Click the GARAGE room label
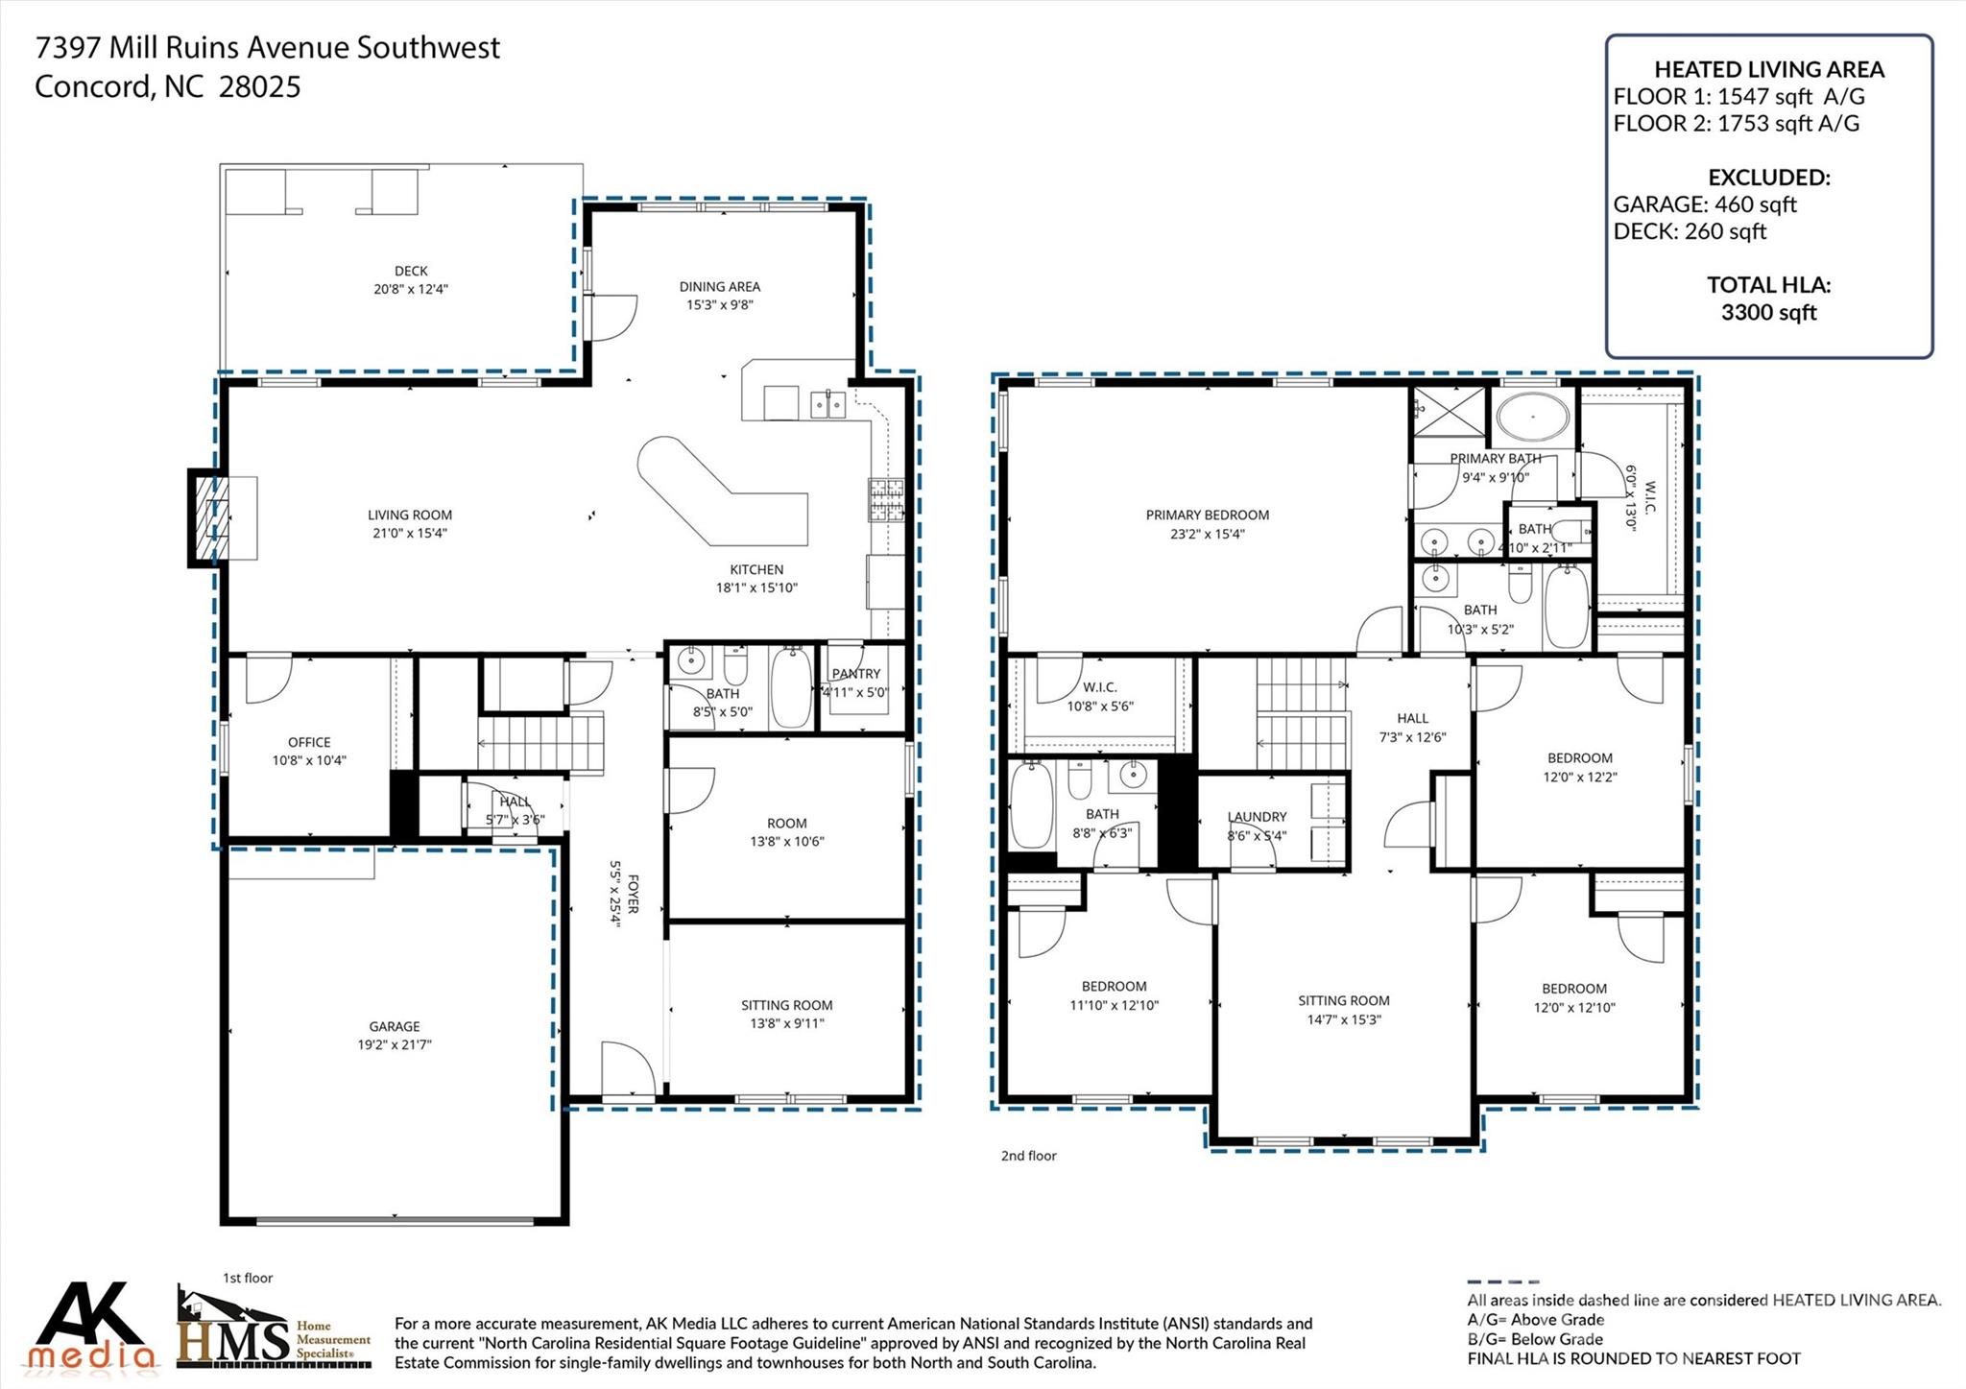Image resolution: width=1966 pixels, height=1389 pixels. coord(395,1026)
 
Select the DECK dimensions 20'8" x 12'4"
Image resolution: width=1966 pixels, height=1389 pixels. coord(411,289)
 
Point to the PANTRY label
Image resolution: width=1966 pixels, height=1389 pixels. coord(855,674)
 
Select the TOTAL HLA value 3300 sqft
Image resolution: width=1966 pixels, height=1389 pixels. coord(1768,312)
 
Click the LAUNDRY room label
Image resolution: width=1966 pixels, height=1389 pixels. coord(1257,817)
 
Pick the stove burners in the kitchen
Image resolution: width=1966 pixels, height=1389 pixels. coord(886,499)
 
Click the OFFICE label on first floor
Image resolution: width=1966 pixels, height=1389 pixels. coord(309,742)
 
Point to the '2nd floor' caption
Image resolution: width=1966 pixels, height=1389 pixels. coord(1028,1156)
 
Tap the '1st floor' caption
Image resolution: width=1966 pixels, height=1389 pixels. coord(248,1278)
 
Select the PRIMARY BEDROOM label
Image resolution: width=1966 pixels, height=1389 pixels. coord(1207,515)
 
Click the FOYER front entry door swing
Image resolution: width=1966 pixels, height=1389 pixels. coord(624,1068)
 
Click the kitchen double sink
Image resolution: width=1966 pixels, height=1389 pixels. coord(827,404)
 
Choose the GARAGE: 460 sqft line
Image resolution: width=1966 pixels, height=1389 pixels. coord(1704,204)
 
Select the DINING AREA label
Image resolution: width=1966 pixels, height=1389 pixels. coord(719,286)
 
